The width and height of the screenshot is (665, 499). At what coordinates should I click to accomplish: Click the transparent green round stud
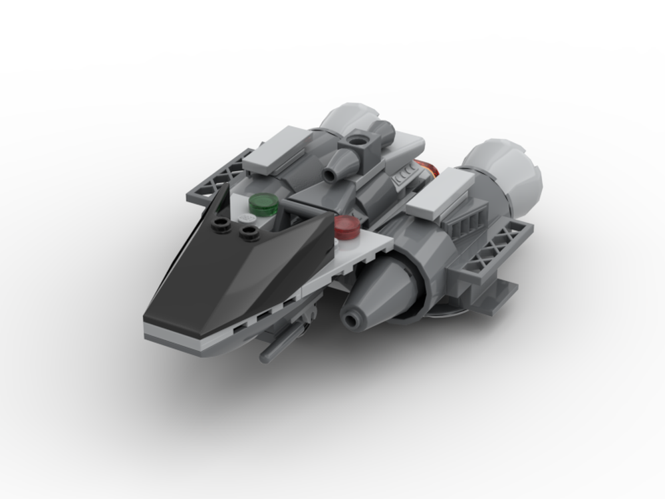click(265, 203)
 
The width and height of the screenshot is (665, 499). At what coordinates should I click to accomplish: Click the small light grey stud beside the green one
click(247, 218)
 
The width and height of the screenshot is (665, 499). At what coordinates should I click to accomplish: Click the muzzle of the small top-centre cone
click(331, 174)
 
